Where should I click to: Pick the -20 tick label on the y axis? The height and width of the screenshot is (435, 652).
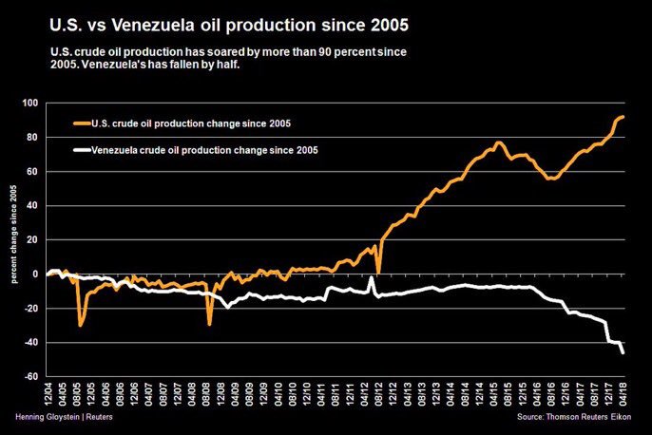[29, 309]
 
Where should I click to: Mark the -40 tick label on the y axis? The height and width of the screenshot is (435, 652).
[29, 343]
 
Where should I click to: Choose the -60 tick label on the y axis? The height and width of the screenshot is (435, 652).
[29, 377]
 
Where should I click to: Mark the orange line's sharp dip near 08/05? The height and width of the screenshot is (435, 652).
[81, 325]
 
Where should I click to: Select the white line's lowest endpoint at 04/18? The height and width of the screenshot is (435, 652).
[623, 353]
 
